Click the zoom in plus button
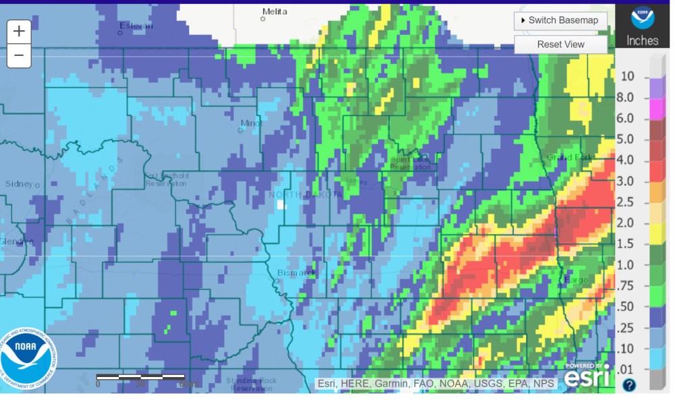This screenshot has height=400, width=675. tap(19, 31)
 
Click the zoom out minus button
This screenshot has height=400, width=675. tap(19, 55)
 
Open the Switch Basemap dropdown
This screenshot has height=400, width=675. tap(560, 20)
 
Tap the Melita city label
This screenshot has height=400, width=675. tap(274, 12)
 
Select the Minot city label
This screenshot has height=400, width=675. tap(251, 123)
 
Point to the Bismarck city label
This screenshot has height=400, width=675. tap(296, 273)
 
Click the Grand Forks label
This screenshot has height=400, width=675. tap(570, 158)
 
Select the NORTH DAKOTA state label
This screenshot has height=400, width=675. tap(306, 194)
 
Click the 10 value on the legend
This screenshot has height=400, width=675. tap(627, 76)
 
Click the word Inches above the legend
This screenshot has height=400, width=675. tap(642, 40)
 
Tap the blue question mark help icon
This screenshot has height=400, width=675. tap(628, 385)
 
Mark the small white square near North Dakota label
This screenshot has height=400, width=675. tap(281, 204)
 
